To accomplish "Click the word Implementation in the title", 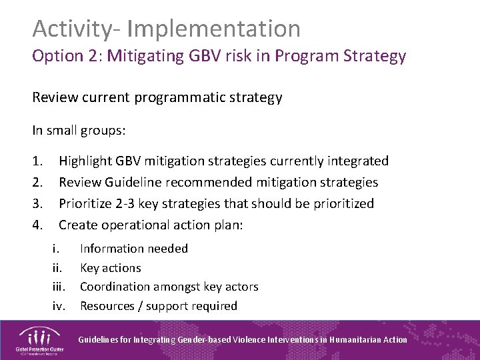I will point(213,29).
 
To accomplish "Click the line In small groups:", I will point(79,131).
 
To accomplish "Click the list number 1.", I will point(37,161).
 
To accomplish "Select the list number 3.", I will point(37,203).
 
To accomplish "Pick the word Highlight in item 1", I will point(85,161).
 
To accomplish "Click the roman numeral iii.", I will point(59,287).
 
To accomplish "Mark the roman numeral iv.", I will point(59,306).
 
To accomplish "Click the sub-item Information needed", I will point(134,249).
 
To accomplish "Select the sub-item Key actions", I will point(111,268).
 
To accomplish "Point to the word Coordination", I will point(115,287).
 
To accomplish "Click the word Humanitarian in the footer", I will point(359,339).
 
